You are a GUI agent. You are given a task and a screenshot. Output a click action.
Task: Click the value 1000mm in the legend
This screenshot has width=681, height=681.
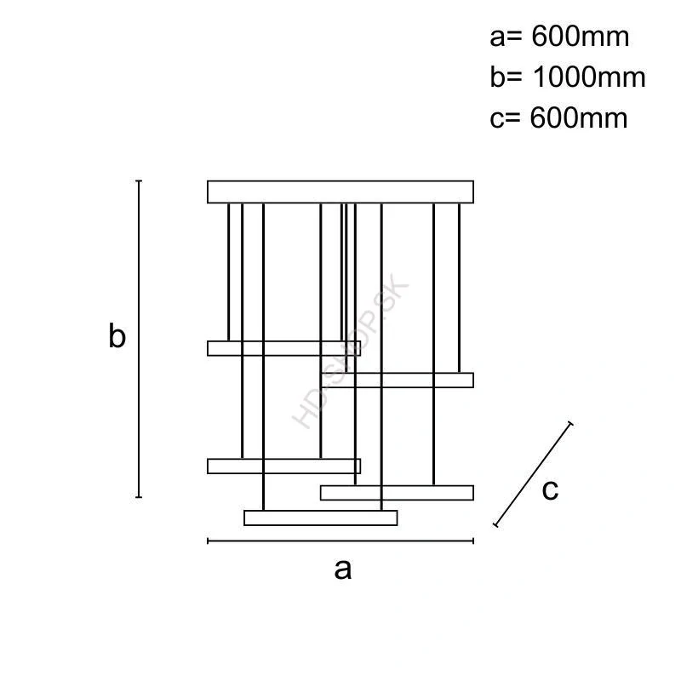[589, 77]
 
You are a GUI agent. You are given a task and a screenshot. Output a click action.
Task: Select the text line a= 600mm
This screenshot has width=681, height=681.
[559, 37]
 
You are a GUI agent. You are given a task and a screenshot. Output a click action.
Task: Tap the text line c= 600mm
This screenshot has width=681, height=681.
[558, 117]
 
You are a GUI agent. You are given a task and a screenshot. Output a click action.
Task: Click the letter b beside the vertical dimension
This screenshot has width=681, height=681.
[117, 337]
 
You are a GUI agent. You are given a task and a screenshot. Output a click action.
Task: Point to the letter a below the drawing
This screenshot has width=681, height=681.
[342, 569]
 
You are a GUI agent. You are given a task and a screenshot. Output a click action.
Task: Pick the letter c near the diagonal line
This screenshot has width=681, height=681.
[550, 489]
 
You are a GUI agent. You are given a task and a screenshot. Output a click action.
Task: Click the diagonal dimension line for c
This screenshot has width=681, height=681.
[533, 474]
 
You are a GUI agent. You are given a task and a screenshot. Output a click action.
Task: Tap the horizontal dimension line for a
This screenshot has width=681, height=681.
[340, 540]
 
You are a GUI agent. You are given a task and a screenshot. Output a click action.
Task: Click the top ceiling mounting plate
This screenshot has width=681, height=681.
[340, 192]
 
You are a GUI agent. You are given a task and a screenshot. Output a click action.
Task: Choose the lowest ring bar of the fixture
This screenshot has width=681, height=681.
[320, 518]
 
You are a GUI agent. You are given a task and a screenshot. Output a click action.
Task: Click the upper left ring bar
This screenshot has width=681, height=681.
[283, 348]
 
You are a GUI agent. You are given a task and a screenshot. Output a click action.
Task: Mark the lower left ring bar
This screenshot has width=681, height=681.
[283, 466]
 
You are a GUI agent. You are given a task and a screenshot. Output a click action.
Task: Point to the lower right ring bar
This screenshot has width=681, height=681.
[397, 492]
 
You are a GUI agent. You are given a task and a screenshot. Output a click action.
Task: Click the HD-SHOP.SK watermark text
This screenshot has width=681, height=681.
[351, 355]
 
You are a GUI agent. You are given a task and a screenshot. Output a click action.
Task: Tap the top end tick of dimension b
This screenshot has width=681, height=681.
[139, 181]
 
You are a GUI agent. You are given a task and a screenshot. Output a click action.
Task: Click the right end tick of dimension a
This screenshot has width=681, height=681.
[473, 540]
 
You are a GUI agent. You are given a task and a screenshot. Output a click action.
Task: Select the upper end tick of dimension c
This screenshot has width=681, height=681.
[570, 423]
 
